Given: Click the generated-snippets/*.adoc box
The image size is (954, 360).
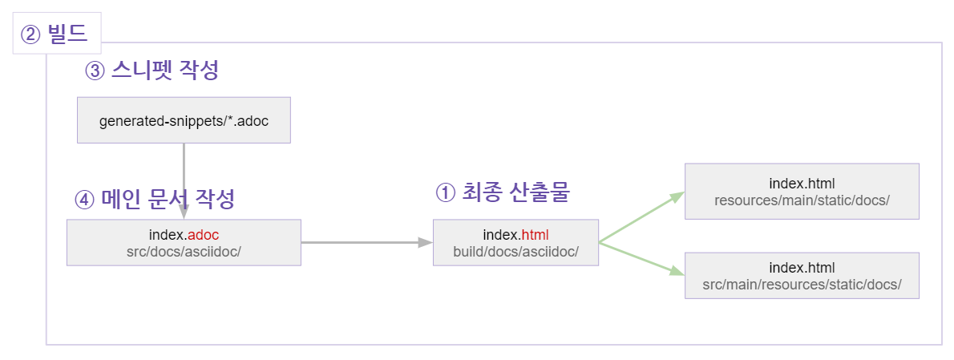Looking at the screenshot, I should tap(184, 120).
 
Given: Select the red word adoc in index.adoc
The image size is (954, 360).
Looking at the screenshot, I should tap(204, 235).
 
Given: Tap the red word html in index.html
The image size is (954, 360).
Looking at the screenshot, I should tap(535, 235).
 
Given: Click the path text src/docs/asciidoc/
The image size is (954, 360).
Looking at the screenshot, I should tap(184, 251).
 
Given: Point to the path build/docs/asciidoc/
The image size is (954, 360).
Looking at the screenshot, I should tap(515, 251).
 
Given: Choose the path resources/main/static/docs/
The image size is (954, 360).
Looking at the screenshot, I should tap(802, 200).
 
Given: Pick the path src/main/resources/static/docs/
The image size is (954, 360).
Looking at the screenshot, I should tap(802, 284).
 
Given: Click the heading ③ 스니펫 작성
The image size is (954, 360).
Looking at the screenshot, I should tap(152, 71).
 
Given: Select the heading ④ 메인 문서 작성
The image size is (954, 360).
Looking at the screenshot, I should tap(155, 199).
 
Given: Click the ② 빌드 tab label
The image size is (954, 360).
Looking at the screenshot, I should tap(56, 34).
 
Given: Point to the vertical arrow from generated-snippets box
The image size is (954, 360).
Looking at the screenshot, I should tap(184, 180).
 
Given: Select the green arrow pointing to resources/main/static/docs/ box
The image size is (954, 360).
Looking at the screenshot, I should tap(641, 216).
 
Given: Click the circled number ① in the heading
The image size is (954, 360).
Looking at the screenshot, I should tap(445, 192).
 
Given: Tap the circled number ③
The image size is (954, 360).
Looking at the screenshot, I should tap(95, 71).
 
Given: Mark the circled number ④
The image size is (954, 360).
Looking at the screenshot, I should tap(84, 199).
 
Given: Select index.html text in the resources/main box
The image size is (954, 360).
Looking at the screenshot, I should tap(802, 184).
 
